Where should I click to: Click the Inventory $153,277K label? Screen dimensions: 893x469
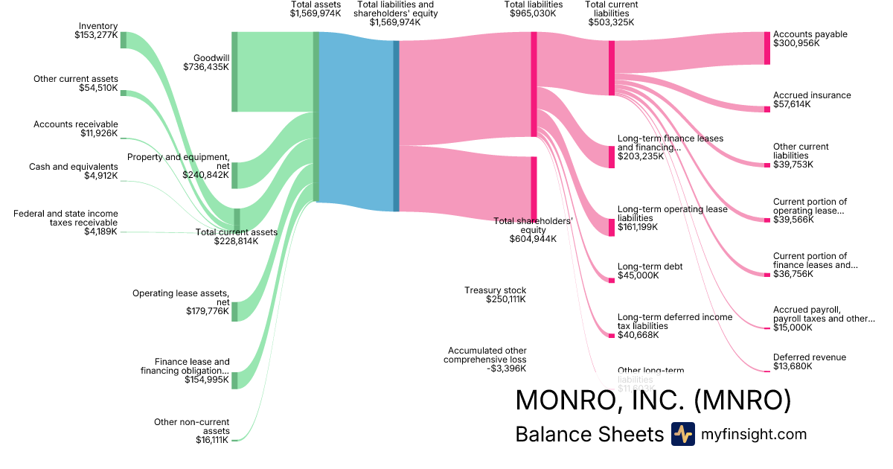coord(96,30)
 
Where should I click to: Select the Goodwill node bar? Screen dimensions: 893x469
coord(234,71)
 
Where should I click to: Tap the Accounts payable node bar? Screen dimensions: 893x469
coord(767,48)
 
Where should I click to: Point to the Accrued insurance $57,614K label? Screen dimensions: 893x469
coord(811,100)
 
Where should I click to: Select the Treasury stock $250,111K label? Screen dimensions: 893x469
coord(495,295)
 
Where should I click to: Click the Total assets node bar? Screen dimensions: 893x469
coord(316,116)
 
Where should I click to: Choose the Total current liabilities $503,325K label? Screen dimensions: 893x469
coord(611,13)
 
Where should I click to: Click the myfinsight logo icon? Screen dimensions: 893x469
coord(682,434)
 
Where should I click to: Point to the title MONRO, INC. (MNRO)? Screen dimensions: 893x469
coord(653,400)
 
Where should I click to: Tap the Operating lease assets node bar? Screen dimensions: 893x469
coord(234,311)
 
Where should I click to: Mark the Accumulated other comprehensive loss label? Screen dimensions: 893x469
coord(487,359)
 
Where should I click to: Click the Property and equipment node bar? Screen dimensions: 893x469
coord(234,175)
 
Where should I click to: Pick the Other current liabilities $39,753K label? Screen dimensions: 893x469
coord(801,156)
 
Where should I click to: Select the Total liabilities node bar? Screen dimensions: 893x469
coord(534,84)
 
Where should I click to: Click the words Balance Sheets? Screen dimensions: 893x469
coord(589,435)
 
